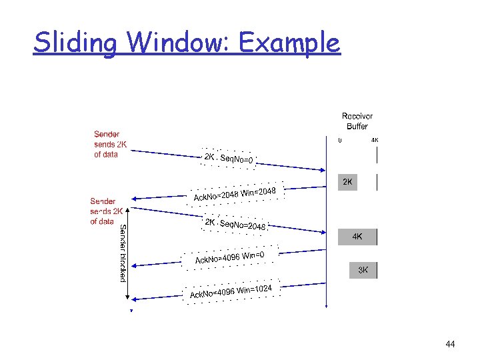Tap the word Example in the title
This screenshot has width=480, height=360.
click(291, 43)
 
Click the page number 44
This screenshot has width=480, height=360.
click(450, 345)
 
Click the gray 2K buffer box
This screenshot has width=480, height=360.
click(347, 182)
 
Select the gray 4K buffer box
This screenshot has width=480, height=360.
click(357, 237)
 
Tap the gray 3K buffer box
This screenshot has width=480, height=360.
click(363, 270)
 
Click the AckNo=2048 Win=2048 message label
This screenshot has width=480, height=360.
click(239, 194)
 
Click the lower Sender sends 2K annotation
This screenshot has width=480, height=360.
click(107, 211)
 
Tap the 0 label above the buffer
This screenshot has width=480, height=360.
click(339, 141)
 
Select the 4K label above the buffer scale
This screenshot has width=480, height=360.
click(375, 141)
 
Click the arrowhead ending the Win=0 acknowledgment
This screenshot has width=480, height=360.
click(133, 266)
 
